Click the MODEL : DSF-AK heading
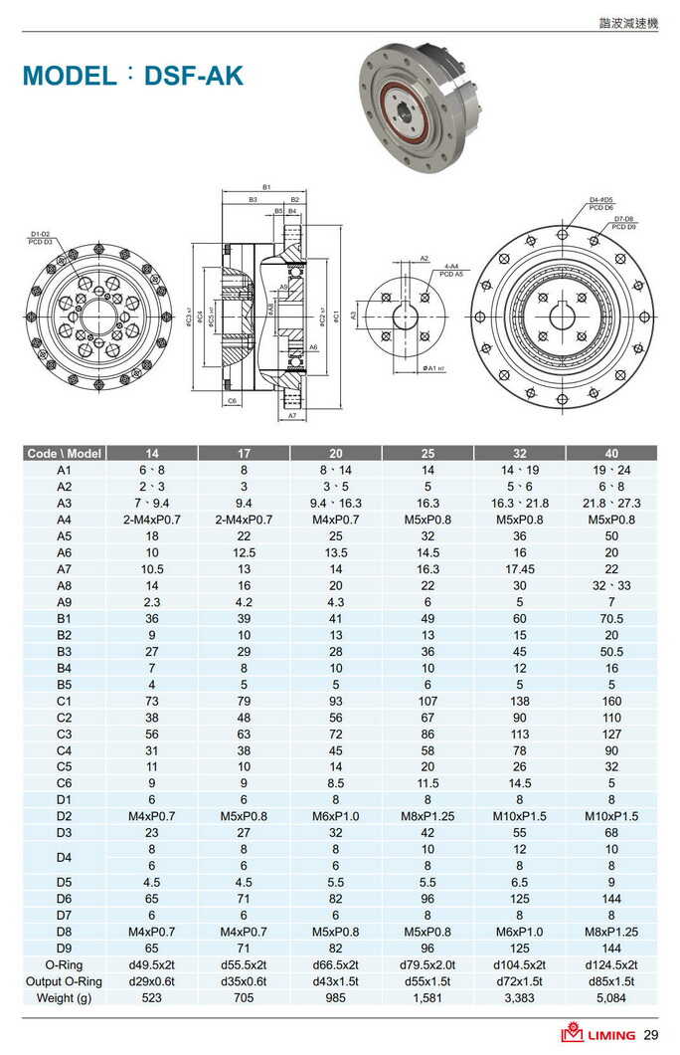tap(132, 76)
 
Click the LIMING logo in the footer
tap(598, 1034)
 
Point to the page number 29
tap(651, 1034)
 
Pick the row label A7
tap(65, 568)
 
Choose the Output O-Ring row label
tap(65, 981)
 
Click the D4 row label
tap(65, 857)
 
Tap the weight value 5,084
tap(611, 997)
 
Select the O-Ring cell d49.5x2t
tap(152, 964)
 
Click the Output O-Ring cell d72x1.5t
tap(520, 981)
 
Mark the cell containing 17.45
tap(520, 568)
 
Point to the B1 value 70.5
tap(611, 618)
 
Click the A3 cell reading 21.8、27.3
tap(611, 503)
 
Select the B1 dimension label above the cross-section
tap(266, 187)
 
